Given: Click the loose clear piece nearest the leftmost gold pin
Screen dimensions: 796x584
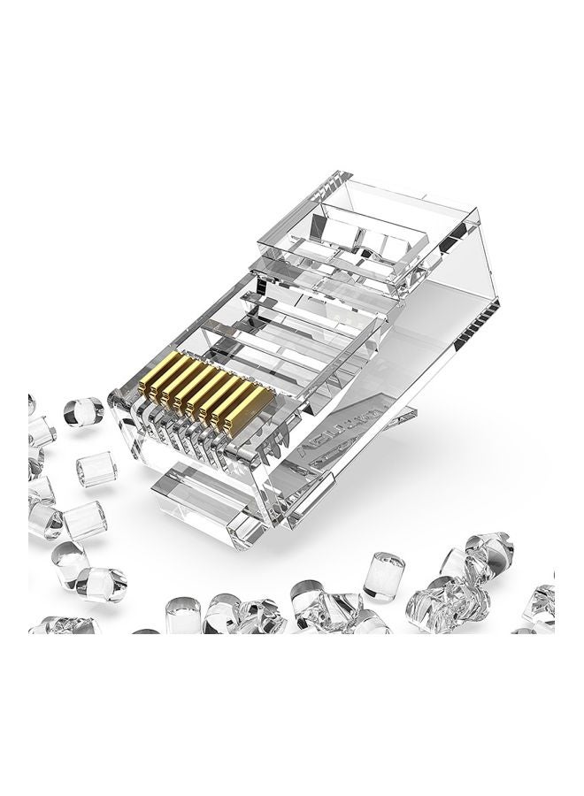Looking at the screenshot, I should pyautogui.click(x=82, y=410).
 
